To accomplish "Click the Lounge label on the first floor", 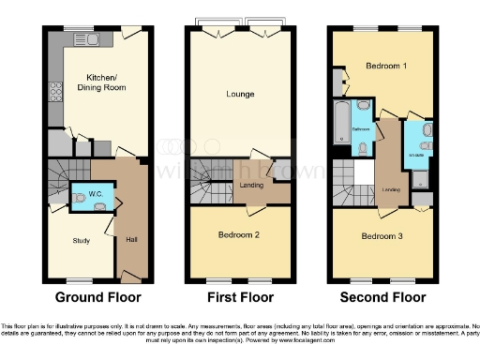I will [x=240, y=94].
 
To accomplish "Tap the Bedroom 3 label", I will [x=382, y=236].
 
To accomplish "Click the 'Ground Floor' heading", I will [x=97, y=297].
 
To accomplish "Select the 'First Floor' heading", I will [x=241, y=297].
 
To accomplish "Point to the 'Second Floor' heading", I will [x=382, y=297].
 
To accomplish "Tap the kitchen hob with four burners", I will [x=55, y=93].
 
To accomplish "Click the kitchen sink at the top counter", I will [x=98, y=38].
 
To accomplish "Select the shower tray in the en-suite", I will [x=419, y=179].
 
